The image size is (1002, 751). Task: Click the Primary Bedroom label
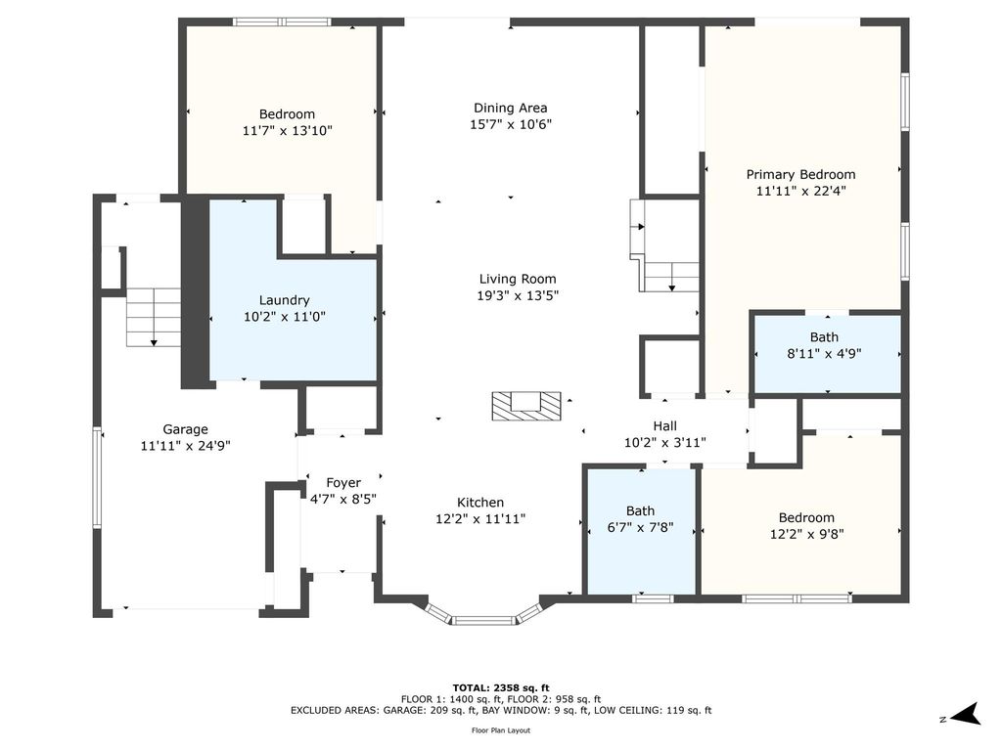(x=800, y=174)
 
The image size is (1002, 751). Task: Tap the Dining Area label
(x=510, y=108)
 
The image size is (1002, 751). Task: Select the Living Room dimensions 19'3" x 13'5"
(x=518, y=295)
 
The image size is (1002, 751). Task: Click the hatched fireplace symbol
(x=525, y=406)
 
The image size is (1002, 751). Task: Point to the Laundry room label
(x=285, y=300)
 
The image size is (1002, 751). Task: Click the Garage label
(x=185, y=429)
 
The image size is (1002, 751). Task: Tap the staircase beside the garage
(x=154, y=317)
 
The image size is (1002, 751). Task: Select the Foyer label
(x=343, y=483)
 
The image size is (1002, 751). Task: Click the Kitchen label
(x=480, y=503)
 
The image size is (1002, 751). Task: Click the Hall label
(x=665, y=426)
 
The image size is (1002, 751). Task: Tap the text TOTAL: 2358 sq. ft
(x=501, y=687)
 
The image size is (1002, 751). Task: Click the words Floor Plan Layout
(x=501, y=730)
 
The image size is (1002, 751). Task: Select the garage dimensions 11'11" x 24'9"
(x=185, y=446)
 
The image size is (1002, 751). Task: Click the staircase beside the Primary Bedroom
(x=664, y=245)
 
